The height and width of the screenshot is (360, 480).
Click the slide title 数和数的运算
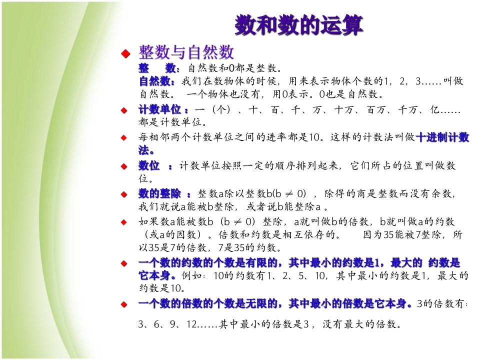point(298,25)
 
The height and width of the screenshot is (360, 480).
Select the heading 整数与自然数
point(186,52)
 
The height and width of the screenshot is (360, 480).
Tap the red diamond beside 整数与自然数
point(125,54)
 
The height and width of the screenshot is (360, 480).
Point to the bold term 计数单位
point(159,109)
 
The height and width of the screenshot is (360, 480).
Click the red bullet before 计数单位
point(124,110)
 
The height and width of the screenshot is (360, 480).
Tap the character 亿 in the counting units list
point(435,109)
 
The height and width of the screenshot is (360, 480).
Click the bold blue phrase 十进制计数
point(442,137)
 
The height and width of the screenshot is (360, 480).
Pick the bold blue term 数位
point(149,166)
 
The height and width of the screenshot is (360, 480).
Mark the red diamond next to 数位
point(124,166)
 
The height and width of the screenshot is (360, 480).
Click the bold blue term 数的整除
point(159,194)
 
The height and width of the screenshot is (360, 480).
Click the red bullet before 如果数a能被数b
point(124,222)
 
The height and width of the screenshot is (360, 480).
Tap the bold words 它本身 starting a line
point(154,275)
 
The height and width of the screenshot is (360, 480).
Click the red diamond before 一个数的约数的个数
point(124,263)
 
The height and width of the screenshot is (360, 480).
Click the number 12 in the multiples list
point(191,324)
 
